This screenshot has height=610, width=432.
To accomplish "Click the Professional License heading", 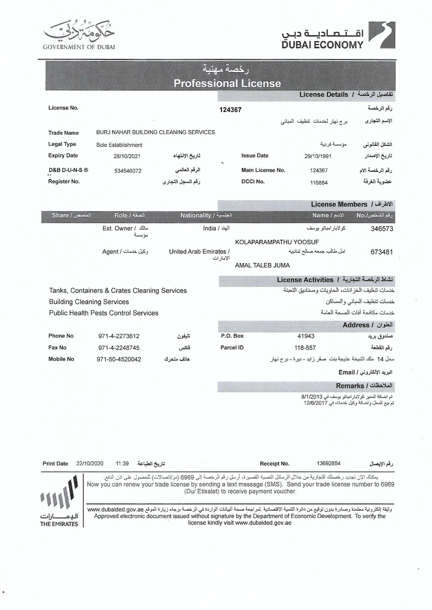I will tap(227, 84).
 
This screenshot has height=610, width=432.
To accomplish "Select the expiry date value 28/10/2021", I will tap(127, 156).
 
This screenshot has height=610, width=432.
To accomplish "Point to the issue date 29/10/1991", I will tap(318, 156).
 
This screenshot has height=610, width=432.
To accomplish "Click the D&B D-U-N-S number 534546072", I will tap(128, 171).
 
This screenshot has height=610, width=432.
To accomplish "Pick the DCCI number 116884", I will tap(319, 182).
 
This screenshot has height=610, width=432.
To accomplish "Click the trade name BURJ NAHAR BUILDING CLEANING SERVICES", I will tap(155, 132).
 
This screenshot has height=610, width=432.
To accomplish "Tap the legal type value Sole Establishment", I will tap(119, 145).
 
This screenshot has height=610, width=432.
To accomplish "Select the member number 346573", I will tap(382, 229).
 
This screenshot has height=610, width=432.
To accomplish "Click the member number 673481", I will tap(382, 252).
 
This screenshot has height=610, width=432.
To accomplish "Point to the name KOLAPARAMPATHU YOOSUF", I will tap(277, 242).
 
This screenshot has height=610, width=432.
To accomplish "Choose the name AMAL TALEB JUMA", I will tap(262, 265).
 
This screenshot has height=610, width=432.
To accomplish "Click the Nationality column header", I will tap(206, 215).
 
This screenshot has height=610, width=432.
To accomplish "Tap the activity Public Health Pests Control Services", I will tap(103, 313).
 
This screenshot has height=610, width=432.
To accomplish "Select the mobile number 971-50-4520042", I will tap(119, 359).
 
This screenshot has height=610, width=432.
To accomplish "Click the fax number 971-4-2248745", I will tap(119, 348).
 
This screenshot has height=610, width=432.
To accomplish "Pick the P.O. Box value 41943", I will tap(306, 336).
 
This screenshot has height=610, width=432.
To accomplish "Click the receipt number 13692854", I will tap(329, 463).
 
